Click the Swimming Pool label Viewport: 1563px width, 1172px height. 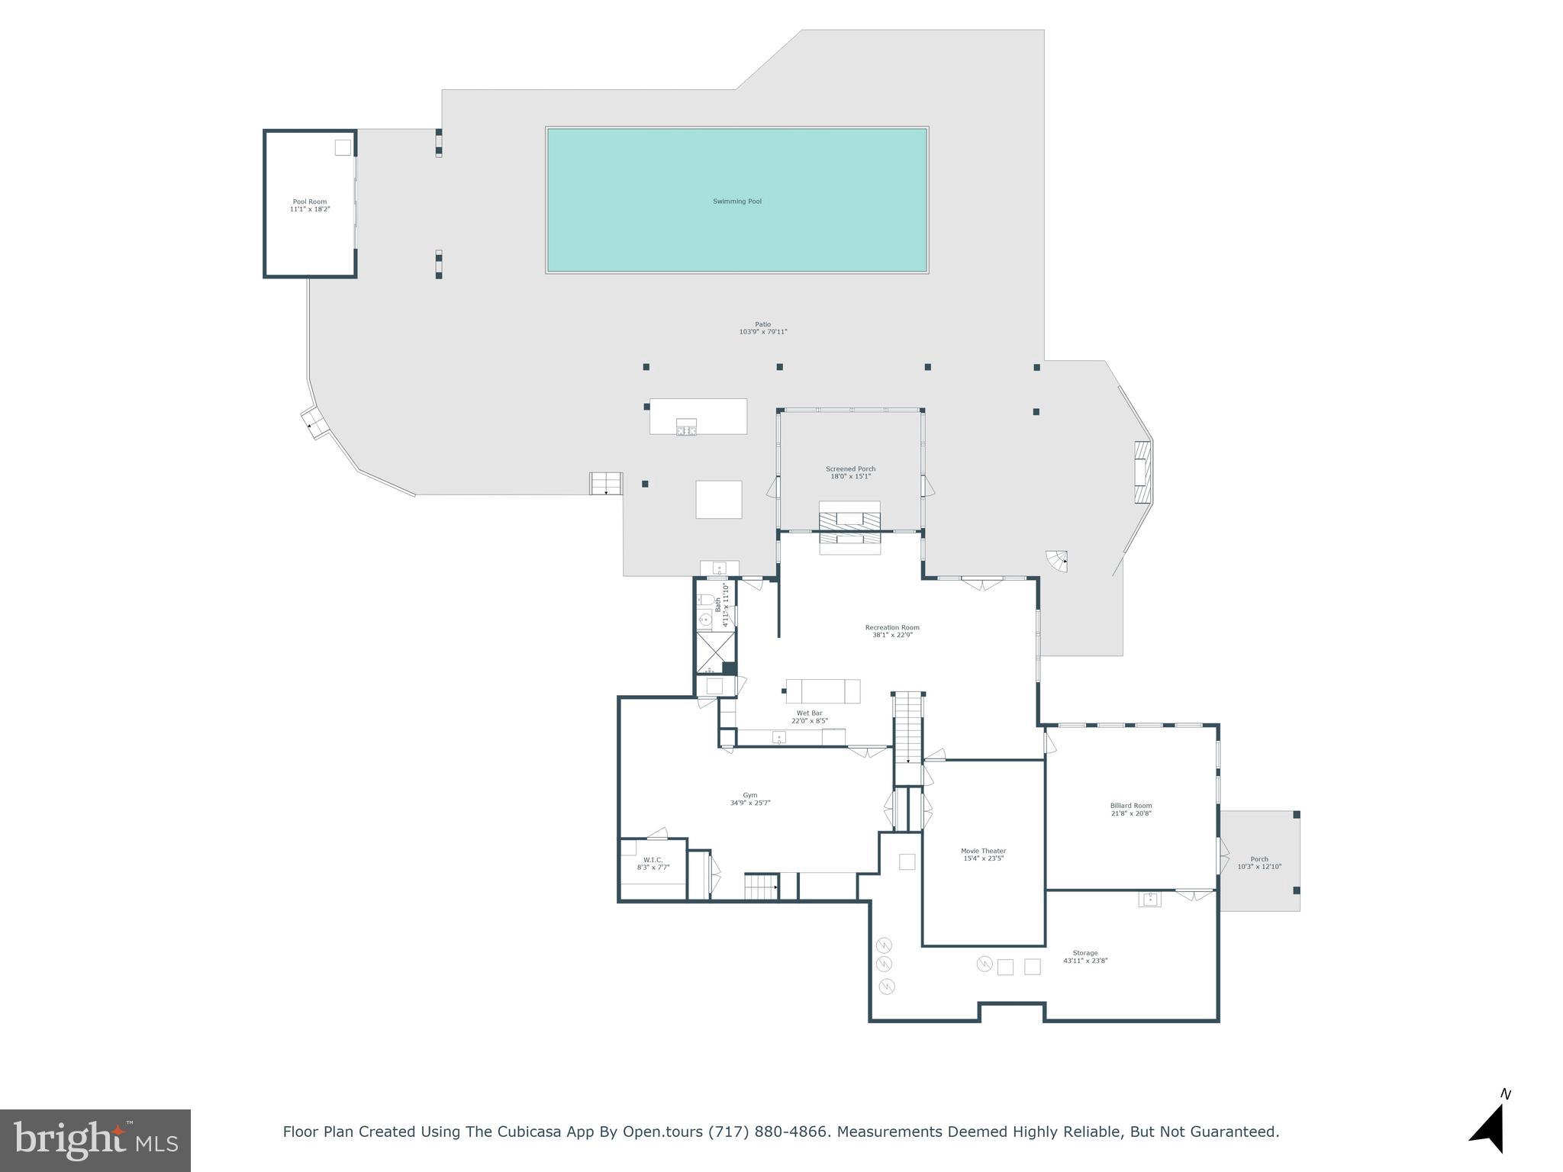(x=736, y=201)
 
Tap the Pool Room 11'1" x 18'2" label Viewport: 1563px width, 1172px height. (x=310, y=205)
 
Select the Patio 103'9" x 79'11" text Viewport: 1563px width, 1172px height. (x=762, y=328)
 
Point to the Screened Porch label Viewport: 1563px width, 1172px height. (x=850, y=472)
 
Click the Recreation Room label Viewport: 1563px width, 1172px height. (x=892, y=631)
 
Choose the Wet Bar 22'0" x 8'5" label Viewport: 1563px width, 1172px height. (x=809, y=716)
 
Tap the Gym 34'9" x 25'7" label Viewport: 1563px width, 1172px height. (x=749, y=799)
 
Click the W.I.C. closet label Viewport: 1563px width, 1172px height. (x=653, y=864)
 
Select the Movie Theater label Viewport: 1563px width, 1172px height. (x=983, y=854)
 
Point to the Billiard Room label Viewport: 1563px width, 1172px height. (x=1130, y=809)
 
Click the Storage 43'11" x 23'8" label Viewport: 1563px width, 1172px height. (x=1084, y=956)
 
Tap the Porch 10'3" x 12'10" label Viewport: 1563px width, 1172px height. (x=1258, y=862)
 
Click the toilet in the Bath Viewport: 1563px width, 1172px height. (x=705, y=600)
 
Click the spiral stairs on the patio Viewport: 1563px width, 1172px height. (x=1057, y=562)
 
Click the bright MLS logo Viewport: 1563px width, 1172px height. (x=95, y=1140)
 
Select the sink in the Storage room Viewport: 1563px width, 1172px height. (x=1149, y=899)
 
